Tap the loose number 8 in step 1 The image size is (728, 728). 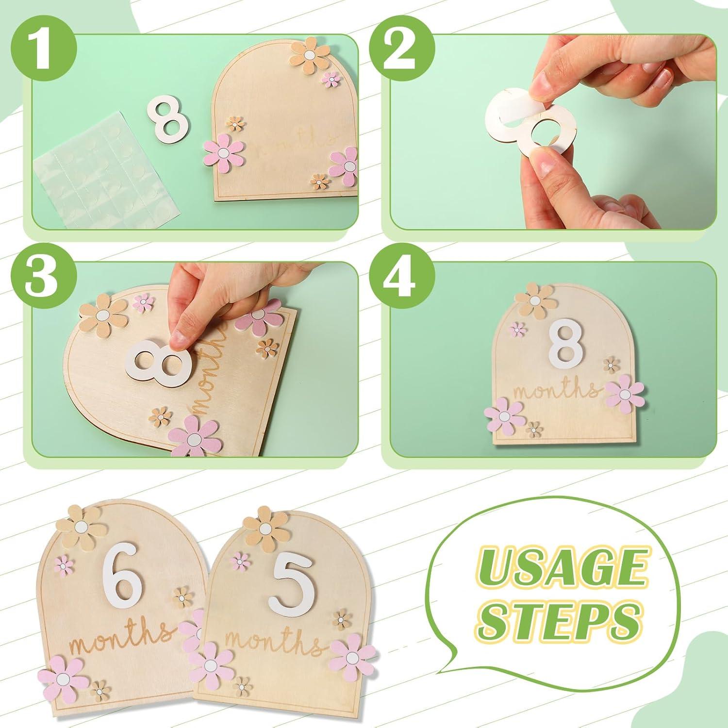point(168,116)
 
